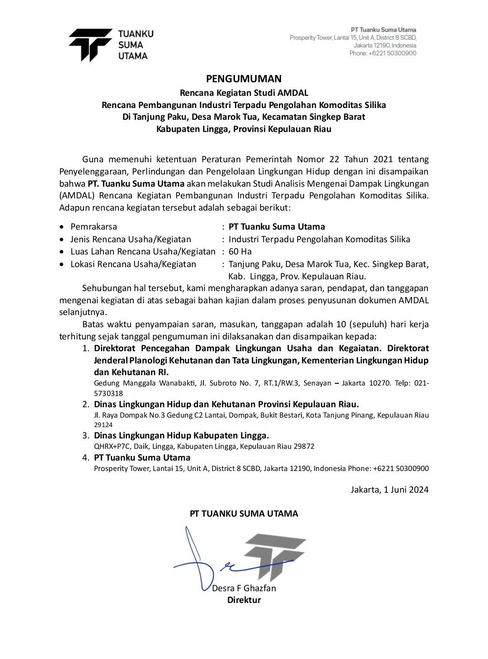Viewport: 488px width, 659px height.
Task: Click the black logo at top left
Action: pyautogui.click(x=90, y=44)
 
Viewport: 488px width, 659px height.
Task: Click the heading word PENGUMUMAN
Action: pyautogui.click(x=244, y=79)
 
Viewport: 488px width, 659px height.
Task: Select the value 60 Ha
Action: pyautogui.click(x=240, y=251)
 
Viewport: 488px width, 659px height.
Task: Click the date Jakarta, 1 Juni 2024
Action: pyautogui.click(x=389, y=490)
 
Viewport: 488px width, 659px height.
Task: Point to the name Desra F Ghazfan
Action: pyautogui.click(x=244, y=588)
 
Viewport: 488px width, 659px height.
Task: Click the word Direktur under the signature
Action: pyautogui.click(x=244, y=600)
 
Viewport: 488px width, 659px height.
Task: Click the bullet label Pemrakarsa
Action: pyautogui.click(x=94, y=226)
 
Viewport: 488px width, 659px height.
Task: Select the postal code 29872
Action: pyautogui.click(x=304, y=446)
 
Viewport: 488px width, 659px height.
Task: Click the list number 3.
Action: pyautogui.click(x=85, y=435)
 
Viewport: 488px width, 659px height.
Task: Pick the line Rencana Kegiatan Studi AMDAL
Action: pyautogui.click(x=244, y=93)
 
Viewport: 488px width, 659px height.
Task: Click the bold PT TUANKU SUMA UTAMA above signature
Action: pyautogui.click(x=244, y=513)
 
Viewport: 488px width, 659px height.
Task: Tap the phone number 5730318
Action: pyautogui.click(x=108, y=393)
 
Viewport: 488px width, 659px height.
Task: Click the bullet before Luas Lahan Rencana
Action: pyautogui.click(x=62, y=252)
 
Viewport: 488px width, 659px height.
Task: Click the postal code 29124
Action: pyautogui.click(x=103, y=425)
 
